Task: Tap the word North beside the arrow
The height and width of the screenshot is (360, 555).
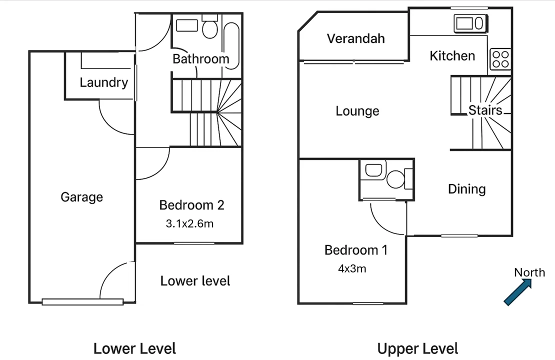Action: coord(529,272)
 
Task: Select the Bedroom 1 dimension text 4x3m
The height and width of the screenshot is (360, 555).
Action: coord(352,269)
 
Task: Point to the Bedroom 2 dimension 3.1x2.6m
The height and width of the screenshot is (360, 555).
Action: coord(189,224)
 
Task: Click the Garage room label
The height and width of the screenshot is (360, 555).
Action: coord(81,197)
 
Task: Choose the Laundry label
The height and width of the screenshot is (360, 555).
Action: coord(103,82)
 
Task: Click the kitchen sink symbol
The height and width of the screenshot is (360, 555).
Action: coord(469,23)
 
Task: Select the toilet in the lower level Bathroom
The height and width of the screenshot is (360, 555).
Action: coord(209,29)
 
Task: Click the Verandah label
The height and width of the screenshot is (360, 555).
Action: coord(355,38)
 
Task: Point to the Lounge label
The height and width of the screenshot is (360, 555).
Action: coord(357,111)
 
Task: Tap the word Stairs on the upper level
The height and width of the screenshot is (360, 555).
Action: coord(484,110)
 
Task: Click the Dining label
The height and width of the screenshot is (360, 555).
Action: coord(466,189)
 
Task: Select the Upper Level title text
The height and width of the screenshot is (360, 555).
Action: coord(417,348)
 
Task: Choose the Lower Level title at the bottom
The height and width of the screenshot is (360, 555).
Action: coord(134,348)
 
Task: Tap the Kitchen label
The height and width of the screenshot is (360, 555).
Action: coord(452,55)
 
